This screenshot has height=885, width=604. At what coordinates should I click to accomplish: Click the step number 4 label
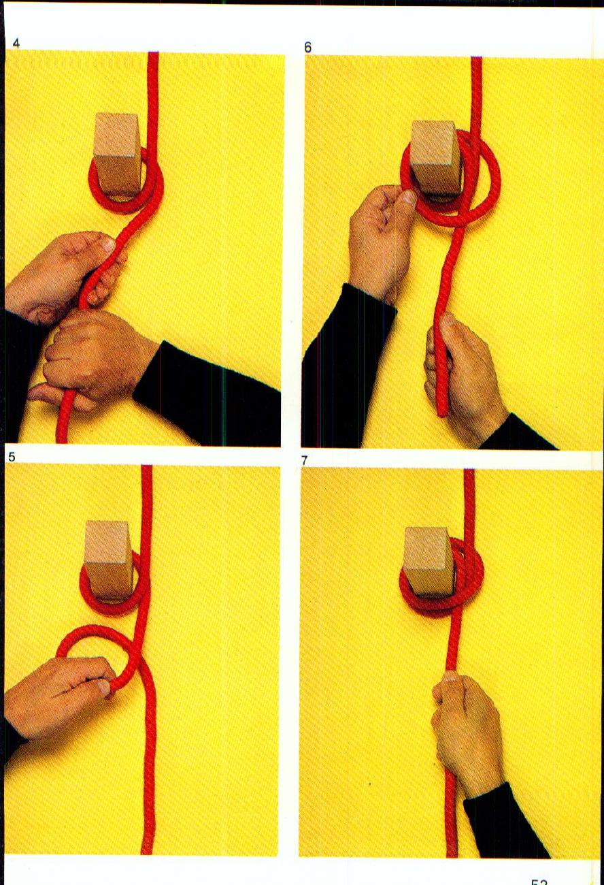click(x=16, y=44)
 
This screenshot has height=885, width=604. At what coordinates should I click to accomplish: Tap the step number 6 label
click(x=308, y=48)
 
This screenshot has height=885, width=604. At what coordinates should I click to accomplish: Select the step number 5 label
click(x=12, y=457)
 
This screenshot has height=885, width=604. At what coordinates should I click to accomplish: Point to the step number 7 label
click(x=305, y=461)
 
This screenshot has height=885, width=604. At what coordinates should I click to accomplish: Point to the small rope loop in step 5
click(x=95, y=654)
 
